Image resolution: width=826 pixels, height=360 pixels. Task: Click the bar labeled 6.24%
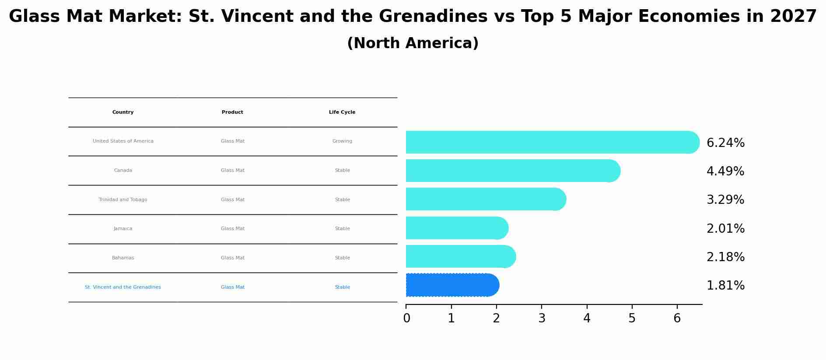(551, 142)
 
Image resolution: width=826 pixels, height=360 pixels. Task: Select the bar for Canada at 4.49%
(512, 171)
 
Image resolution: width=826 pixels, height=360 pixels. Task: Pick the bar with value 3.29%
(485, 199)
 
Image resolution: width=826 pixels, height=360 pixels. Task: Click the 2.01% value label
(725, 229)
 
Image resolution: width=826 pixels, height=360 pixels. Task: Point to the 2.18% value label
(725, 257)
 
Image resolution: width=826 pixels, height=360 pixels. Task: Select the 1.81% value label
(725, 286)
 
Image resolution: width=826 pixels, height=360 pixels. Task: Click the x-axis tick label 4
(587, 318)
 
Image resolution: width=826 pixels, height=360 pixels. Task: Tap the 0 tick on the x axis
(406, 318)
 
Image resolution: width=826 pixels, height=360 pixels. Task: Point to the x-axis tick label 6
(677, 318)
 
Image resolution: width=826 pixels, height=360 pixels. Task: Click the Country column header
(123, 112)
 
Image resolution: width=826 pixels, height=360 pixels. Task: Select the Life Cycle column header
(342, 112)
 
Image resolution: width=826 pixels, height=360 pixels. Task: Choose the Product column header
(232, 112)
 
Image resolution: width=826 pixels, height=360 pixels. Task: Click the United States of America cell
(123, 141)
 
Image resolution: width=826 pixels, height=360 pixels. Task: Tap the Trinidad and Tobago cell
(123, 200)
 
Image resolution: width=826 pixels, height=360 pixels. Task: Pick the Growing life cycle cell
(342, 141)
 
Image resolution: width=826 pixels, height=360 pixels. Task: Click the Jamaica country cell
(123, 229)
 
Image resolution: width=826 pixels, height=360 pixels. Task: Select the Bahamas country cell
(123, 258)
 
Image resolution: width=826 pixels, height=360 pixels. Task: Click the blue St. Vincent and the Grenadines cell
(123, 287)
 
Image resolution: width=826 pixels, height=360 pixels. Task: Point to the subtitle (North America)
(413, 43)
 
